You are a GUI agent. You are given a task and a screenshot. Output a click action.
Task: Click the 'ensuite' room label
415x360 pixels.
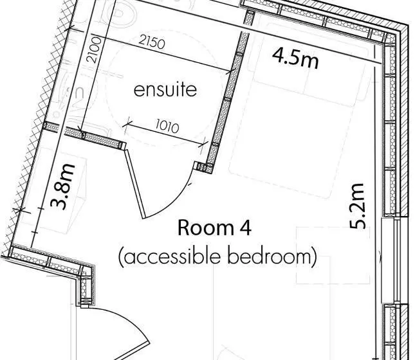(165, 90)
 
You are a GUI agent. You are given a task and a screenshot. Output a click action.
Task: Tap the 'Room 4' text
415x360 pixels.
(214, 228)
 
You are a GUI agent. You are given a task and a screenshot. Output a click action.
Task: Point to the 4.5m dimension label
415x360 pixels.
(295, 59)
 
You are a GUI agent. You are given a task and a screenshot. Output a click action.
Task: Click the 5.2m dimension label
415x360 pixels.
(357, 206)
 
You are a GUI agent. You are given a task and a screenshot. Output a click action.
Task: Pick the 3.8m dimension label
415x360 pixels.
(63, 186)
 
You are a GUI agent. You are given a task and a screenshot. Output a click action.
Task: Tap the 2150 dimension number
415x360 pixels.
(152, 42)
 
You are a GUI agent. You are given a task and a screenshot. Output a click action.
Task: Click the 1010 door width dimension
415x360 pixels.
(167, 127)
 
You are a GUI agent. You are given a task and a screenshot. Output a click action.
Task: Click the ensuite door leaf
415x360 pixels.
(135, 184)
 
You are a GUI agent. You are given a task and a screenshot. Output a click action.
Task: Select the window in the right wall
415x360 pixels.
(395, 260)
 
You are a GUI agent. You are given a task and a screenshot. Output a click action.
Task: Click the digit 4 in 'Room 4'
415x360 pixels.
(246, 228)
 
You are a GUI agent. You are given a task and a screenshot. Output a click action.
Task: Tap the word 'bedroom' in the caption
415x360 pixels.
(268, 256)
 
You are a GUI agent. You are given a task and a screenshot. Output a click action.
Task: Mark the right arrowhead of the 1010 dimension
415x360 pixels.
(205, 144)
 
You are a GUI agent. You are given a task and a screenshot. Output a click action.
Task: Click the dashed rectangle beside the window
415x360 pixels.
(333, 255)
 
